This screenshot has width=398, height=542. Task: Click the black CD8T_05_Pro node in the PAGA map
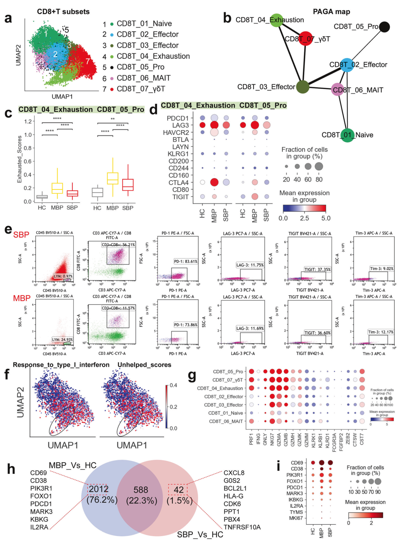[x=384, y=27]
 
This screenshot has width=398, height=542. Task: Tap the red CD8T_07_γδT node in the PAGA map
[x=305, y=38]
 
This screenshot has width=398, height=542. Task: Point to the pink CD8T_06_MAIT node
[x=338, y=90]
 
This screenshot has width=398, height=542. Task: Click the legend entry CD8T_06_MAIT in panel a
[x=143, y=78]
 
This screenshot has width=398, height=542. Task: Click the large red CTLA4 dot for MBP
[x=214, y=183]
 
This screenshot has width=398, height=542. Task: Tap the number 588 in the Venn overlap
[x=141, y=490]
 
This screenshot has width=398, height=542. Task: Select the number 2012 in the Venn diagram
[x=98, y=489]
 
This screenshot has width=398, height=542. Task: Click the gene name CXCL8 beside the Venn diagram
[x=234, y=473]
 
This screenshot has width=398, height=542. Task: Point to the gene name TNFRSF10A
[x=242, y=527]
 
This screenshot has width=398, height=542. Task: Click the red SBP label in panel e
[x=21, y=235]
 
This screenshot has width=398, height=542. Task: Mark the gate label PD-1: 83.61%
[x=186, y=262]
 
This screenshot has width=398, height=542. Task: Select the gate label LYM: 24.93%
[x=62, y=340]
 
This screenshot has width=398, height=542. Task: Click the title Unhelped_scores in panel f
[x=144, y=365]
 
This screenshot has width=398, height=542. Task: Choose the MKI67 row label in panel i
[x=296, y=518]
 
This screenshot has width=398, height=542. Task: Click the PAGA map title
[x=331, y=12]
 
